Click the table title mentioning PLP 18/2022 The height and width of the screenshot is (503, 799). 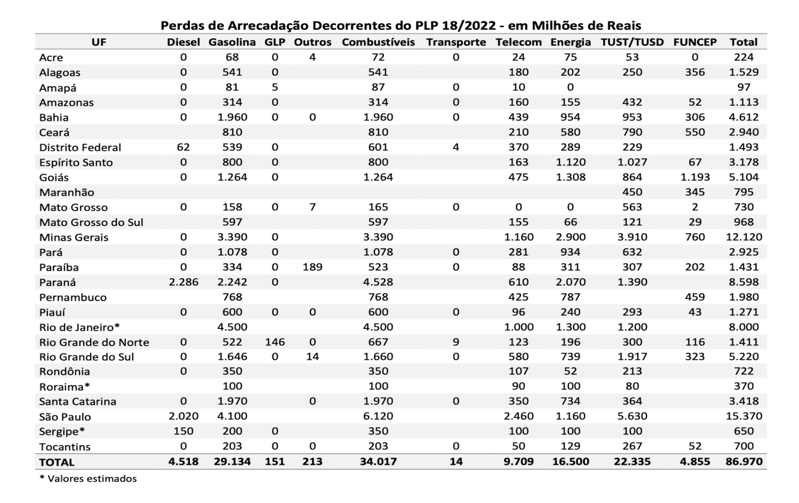tap(400, 26)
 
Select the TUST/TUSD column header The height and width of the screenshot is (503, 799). tap(632, 42)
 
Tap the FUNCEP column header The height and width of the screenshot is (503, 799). tap(694, 42)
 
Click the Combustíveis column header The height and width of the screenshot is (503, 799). tap(378, 42)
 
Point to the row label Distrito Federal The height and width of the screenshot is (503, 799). tap(80, 147)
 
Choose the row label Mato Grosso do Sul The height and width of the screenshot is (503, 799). tap(91, 222)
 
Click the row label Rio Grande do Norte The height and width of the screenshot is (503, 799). tap(94, 342)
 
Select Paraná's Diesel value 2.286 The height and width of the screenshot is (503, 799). tap(183, 282)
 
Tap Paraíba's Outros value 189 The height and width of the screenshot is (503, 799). tap(312, 267)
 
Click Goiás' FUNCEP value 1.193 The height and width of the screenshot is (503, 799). tap(694, 177)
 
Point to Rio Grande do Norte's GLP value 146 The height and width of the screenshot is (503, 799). tap(275, 342)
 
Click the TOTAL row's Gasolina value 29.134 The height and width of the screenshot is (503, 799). tap(232, 462)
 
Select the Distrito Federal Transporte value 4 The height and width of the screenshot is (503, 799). tap(456, 147)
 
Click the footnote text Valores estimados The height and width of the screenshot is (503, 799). tap(92, 479)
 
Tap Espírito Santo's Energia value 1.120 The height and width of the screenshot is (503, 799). tap(570, 162)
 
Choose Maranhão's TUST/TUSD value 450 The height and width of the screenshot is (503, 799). tap(632, 192)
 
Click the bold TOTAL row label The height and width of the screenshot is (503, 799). tap(57, 462)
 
